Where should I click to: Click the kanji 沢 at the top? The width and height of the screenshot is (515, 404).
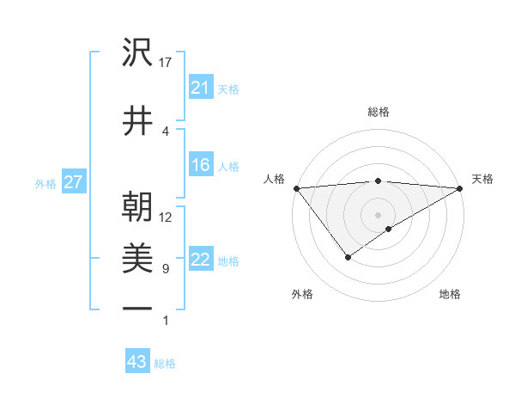click(138, 54)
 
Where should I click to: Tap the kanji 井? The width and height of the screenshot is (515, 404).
click(138, 119)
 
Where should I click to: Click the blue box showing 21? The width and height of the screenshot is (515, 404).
click(201, 88)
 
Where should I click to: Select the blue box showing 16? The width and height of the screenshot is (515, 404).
click(201, 166)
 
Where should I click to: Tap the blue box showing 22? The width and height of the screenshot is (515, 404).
click(201, 260)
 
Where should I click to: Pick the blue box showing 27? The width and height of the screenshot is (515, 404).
click(74, 182)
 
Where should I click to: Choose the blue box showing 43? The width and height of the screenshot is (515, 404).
click(137, 363)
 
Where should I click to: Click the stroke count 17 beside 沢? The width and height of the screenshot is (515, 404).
click(167, 63)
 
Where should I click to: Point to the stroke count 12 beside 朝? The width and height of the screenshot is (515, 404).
click(167, 217)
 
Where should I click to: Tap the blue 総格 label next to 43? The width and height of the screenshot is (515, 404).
click(166, 364)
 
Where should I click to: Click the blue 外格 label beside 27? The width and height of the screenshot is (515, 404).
click(45, 183)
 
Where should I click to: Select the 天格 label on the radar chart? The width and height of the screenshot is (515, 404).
click(482, 179)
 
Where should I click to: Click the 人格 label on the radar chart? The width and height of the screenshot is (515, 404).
click(274, 179)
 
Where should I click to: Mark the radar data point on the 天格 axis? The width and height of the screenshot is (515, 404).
click(461, 188)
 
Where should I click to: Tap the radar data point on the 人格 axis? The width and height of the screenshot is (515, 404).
click(296, 188)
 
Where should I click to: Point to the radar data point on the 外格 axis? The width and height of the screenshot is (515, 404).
click(348, 257)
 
